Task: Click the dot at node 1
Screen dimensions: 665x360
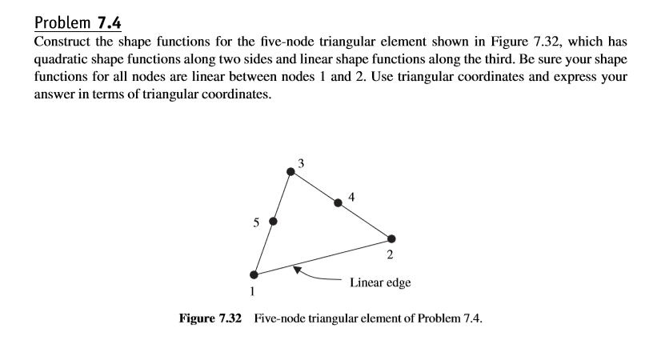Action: pyautogui.click(x=254, y=274)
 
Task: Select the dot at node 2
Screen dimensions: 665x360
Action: pyautogui.click(x=391, y=239)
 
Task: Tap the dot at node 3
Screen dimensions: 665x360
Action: pyautogui.click(x=290, y=172)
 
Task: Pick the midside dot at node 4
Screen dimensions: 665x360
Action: pyautogui.click(x=338, y=203)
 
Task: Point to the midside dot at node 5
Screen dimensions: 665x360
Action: pyautogui.click(x=273, y=222)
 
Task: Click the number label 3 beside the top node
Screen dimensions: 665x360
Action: pyautogui.click(x=301, y=163)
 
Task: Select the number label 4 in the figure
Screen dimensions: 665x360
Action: pyautogui.click(x=351, y=197)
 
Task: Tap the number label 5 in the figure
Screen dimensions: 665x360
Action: pyautogui.click(x=256, y=222)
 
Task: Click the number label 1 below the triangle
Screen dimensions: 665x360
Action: pyautogui.click(x=252, y=291)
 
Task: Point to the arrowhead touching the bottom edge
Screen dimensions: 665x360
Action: pyautogui.click(x=298, y=270)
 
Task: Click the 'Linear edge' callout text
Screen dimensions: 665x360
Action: pyautogui.click(x=380, y=282)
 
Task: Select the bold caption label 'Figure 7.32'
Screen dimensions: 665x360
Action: pyautogui.click(x=210, y=318)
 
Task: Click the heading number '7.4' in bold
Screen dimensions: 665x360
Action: pyautogui.click(x=110, y=22)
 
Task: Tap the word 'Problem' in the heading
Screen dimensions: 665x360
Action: pyautogui.click(x=62, y=23)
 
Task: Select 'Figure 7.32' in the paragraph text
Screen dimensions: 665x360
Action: pyautogui.click(x=526, y=42)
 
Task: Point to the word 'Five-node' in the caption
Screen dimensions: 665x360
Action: pyautogui.click(x=279, y=318)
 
